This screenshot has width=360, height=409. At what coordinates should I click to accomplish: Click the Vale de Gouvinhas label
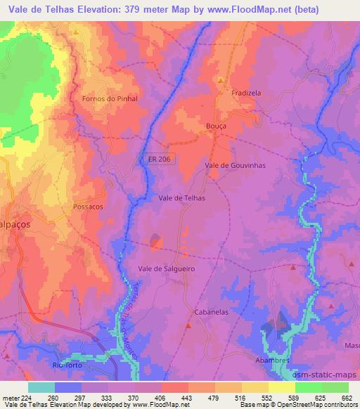tap(235, 165)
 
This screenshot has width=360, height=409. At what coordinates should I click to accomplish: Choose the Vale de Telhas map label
tap(182, 199)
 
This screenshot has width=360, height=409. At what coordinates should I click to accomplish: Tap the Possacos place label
tap(88, 207)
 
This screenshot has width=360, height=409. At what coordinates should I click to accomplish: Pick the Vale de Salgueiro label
tap(166, 268)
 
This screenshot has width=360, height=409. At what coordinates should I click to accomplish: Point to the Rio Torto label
tap(67, 365)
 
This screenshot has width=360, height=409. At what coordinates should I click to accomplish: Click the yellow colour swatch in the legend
tap(282, 387)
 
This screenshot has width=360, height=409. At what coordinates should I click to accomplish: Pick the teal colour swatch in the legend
tap(41, 387)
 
